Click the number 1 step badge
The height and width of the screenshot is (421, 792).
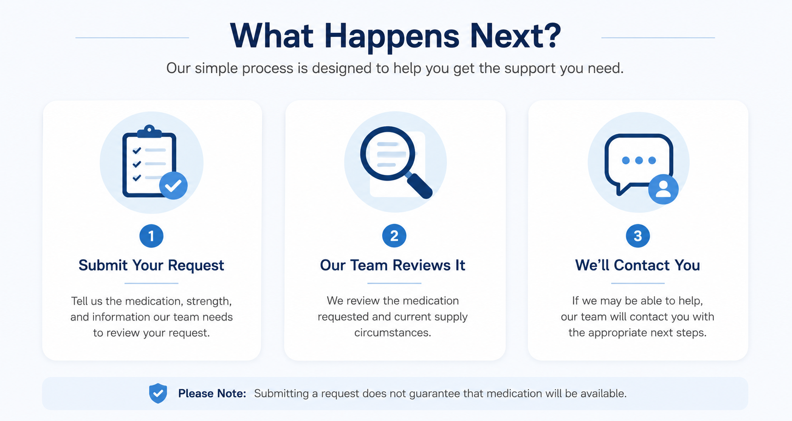[x=151, y=236]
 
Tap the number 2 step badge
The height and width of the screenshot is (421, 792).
[x=394, y=236]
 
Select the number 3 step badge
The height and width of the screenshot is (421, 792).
[x=638, y=236]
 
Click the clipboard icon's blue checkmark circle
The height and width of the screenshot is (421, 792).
[x=173, y=185]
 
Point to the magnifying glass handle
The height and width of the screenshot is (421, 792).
[x=419, y=185]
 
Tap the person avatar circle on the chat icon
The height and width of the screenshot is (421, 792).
[x=664, y=189]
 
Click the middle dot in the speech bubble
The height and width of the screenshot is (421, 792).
[x=639, y=160]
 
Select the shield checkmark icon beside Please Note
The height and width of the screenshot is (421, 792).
[x=158, y=393]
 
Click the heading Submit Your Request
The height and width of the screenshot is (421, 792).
[x=151, y=265]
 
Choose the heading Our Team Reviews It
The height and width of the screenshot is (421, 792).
[x=393, y=265]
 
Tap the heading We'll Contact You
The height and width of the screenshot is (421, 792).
[x=638, y=265]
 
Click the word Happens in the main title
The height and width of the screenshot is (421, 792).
[x=392, y=36]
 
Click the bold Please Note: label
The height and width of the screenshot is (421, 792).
[x=212, y=393]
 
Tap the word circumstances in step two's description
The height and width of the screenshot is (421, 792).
[x=393, y=333]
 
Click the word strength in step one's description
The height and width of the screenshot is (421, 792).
[x=210, y=301]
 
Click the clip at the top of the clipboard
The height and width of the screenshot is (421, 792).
[x=149, y=131]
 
